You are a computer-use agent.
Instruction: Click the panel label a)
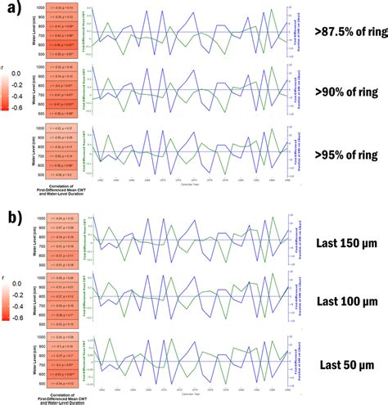[x=14, y=11]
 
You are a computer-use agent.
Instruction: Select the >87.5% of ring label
[x=341, y=33]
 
